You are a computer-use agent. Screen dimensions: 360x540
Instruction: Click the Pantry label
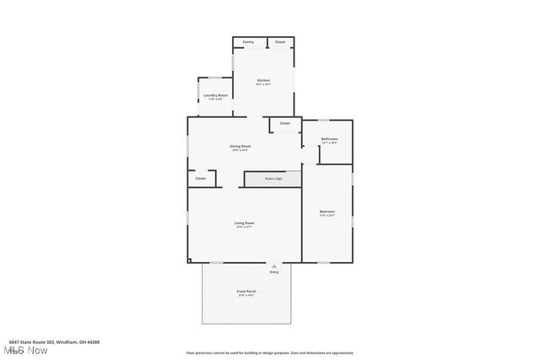click(x=248, y=41)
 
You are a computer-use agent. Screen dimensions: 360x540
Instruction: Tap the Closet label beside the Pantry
click(x=280, y=41)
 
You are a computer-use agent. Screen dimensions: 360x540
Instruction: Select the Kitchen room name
click(x=263, y=80)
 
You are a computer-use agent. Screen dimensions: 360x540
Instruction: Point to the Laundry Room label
click(x=216, y=95)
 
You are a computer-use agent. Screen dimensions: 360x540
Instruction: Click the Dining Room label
click(x=240, y=146)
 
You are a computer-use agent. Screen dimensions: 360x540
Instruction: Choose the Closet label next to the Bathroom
click(x=285, y=124)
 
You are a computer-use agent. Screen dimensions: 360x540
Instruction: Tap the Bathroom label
click(x=329, y=139)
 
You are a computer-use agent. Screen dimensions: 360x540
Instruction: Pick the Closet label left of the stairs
click(x=201, y=179)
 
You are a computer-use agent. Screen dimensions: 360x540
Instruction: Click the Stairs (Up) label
click(x=273, y=179)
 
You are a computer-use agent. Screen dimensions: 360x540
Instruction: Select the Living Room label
click(x=245, y=223)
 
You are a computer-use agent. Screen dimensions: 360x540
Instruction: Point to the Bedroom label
click(x=327, y=211)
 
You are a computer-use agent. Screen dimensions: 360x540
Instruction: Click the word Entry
click(x=274, y=272)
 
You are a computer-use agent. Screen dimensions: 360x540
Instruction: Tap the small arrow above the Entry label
click(x=273, y=266)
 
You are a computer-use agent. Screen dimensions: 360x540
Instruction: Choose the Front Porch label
click(x=246, y=292)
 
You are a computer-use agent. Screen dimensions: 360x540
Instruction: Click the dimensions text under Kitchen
click(x=263, y=84)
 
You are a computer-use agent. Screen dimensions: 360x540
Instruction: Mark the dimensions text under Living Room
click(x=245, y=227)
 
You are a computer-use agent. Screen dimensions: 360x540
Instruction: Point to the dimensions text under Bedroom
click(x=327, y=215)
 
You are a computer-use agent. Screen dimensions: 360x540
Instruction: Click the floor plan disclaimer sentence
click(x=270, y=353)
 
